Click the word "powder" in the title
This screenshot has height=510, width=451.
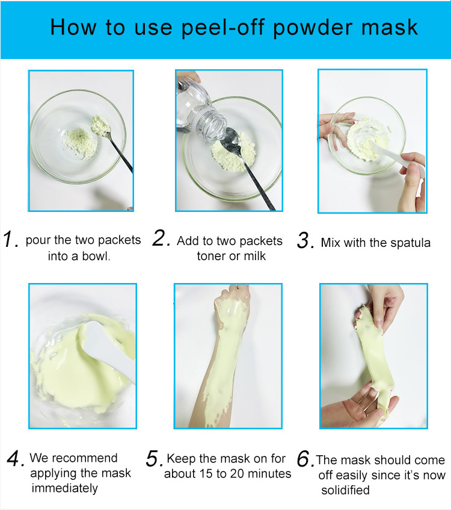tap(312, 28)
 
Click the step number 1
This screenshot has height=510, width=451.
tap(10, 239)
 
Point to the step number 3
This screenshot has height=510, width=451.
tap(305, 240)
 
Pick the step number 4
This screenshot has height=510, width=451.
tap(15, 458)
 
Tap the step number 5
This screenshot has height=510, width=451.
tap(155, 459)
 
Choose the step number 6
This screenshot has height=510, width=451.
tap(305, 459)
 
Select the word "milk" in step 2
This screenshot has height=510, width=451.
tap(255, 256)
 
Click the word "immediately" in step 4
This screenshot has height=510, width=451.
tap(65, 488)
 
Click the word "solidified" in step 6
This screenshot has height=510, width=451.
tap(345, 490)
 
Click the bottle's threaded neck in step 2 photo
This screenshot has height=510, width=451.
tap(212, 123)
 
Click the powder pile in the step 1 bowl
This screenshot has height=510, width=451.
tap(79, 143)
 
